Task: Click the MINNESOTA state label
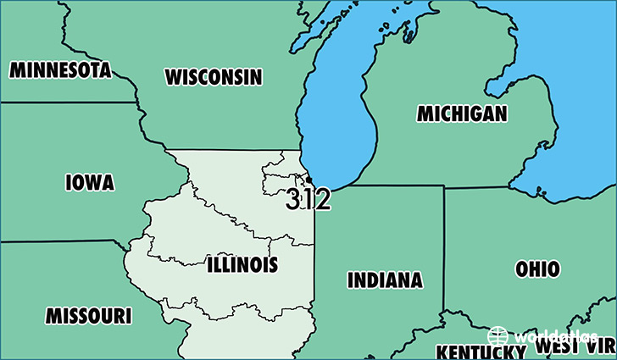pyautogui.click(x=60, y=69)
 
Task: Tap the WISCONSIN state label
pyautogui.click(x=214, y=77)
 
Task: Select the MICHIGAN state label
pyautogui.click(x=462, y=114)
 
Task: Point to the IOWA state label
pyautogui.click(x=89, y=182)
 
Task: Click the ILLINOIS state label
pyautogui.click(x=242, y=265)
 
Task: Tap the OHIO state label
pyautogui.click(x=537, y=269)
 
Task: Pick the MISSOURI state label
pyautogui.click(x=88, y=317)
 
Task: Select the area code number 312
pyautogui.click(x=308, y=200)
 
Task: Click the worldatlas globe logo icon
pyautogui.click(x=498, y=335)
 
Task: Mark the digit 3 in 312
pyautogui.click(x=293, y=200)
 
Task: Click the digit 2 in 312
pyautogui.click(x=322, y=200)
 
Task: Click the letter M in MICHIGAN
pyautogui.click(x=424, y=114)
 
